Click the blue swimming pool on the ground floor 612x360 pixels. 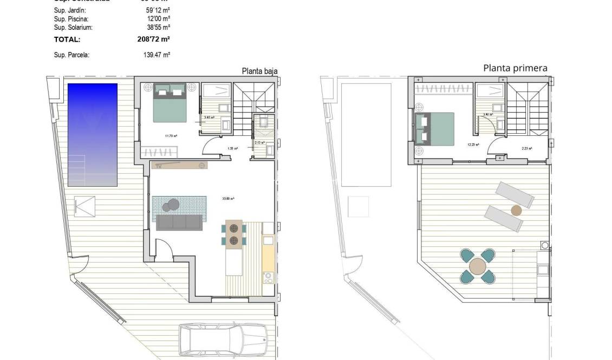[92, 135]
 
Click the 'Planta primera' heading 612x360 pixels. [515, 68]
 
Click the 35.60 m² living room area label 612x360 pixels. [228, 199]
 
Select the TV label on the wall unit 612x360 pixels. [159, 166]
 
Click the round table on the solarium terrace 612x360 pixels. [478, 266]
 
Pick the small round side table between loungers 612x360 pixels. [516, 211]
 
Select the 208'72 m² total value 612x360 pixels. [154, 40]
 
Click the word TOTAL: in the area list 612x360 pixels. [67, 40]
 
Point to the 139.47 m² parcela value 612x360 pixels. [157, 55]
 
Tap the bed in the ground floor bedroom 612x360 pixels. [171, 103]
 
